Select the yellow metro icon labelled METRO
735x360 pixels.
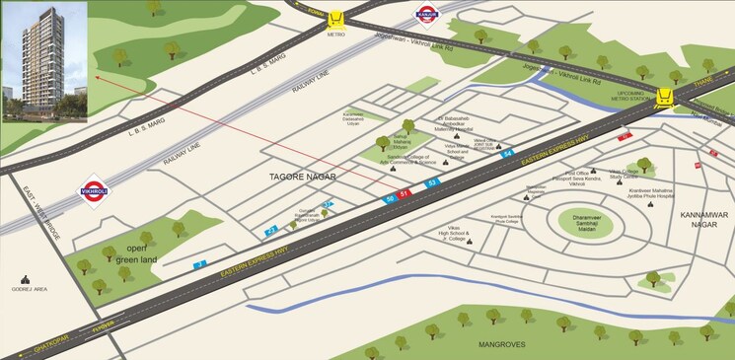coord(338,19)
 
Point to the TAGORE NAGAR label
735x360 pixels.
coord(303,177)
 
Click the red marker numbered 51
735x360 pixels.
coord(404,194)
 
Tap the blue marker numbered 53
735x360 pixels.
coord(431,183)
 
